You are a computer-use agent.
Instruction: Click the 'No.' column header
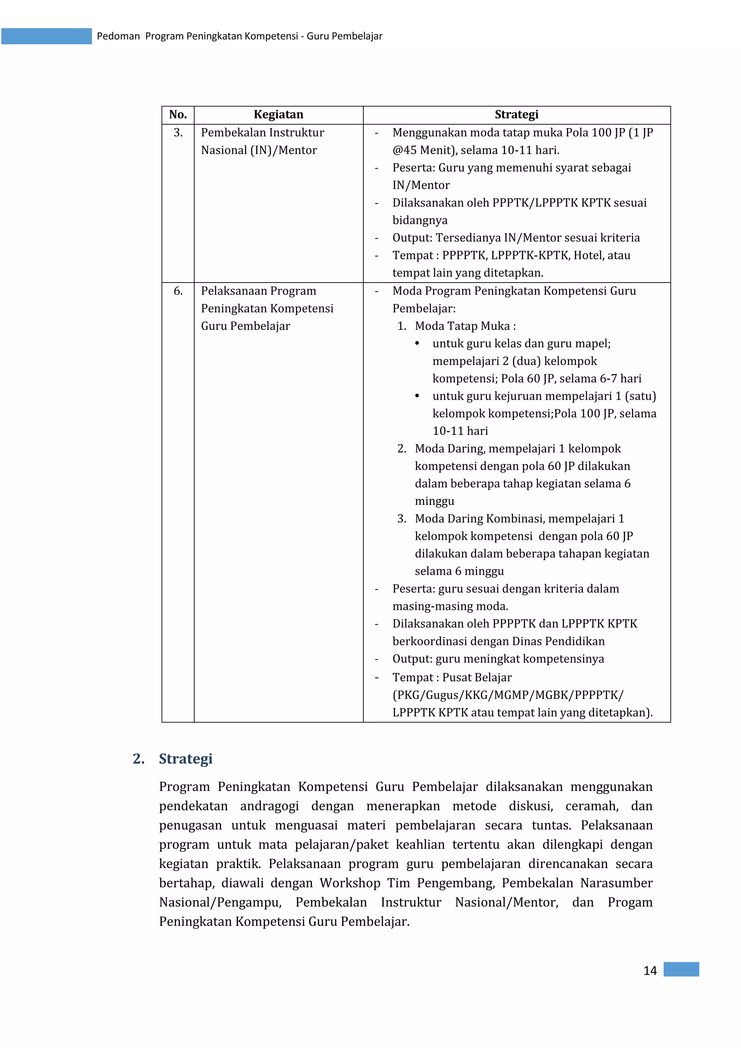(x=178, y=115)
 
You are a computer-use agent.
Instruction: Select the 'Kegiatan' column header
(x=279, y=115)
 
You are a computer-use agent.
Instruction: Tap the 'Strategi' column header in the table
(x=516, y=115)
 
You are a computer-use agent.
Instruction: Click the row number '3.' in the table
(x=178, y=133)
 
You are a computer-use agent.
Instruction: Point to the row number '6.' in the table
(x=178, y=291)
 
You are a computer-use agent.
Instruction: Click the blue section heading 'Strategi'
(x=185, y=759)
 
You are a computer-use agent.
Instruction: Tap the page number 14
(x=650, y=971)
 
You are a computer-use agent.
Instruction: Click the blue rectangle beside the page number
(x=681, y=969)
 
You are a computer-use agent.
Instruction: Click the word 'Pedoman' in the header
(x=118, y=37)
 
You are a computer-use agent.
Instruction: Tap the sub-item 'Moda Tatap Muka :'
(x=465, y=326)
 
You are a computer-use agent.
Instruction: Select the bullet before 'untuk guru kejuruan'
(x=417, y=396)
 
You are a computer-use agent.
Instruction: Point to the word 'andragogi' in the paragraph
(x=269, y=806)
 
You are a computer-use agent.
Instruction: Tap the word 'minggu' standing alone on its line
(x=434, y=501)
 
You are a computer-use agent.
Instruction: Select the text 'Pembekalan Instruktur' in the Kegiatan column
(x=263, y=133)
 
